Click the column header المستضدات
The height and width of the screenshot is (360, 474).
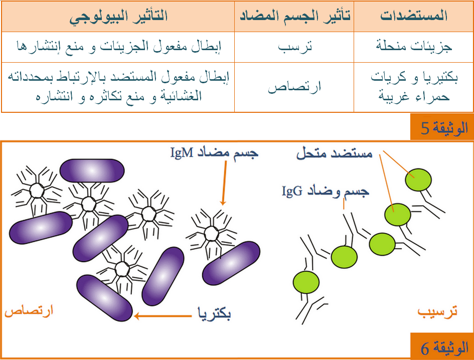pyautogui.click(x=414, y=16)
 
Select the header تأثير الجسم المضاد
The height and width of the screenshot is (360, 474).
pyautogui.click(x=295, y=16)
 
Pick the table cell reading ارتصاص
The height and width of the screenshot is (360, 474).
pyautogui.click(x=294, y=88)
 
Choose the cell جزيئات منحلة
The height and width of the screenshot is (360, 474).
pyautogui.click(x=414, y=47)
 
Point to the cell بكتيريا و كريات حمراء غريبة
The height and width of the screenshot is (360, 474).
pyautogui.click(x=414, y=87)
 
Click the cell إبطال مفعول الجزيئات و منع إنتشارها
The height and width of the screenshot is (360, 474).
pyautogui.click(x=119, y=47)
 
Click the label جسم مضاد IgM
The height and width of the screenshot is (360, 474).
pyautogui.click(x=214, y=153)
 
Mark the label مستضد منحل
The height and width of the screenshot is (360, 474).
pyautogui.click(x=334, y=153)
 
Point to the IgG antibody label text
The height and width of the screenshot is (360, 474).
pyautogui.click(x=325, y=192)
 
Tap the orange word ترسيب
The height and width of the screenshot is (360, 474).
pyautogui.click(x=437, y=311)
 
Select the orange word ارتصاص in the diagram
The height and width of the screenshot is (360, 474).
pyautogui.click(x=29, y=311)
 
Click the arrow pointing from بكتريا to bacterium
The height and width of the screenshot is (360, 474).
pyautogui.click(x=163, y=316)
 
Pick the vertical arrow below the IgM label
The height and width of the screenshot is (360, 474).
pyautogui.click(x=224, y=183)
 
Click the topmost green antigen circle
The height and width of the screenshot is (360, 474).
pyautogui.click(x=418, y=180)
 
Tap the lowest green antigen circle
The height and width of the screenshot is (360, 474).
pyautogui.click(x=306, y=282)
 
